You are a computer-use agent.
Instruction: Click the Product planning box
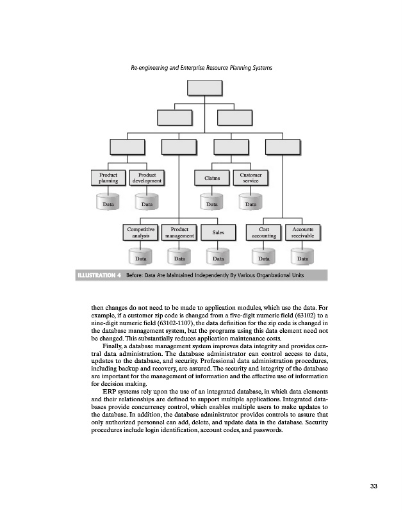(x=108, y=177)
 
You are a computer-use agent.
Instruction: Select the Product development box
(x=147, y=177)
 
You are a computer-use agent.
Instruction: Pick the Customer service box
(x=251, y=177)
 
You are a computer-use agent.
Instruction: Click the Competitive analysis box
(x=140, y=232)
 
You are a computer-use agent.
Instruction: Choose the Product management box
(x=179, y=232)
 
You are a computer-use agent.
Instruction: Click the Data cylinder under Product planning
(x=108, y=204)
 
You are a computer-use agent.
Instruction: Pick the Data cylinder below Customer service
(x=251, y=204)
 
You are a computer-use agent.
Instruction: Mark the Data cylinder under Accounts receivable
(x=302, y=259)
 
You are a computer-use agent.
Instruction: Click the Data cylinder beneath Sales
(x=218, y=259)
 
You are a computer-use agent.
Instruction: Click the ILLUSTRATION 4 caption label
(x=99, y=276)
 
